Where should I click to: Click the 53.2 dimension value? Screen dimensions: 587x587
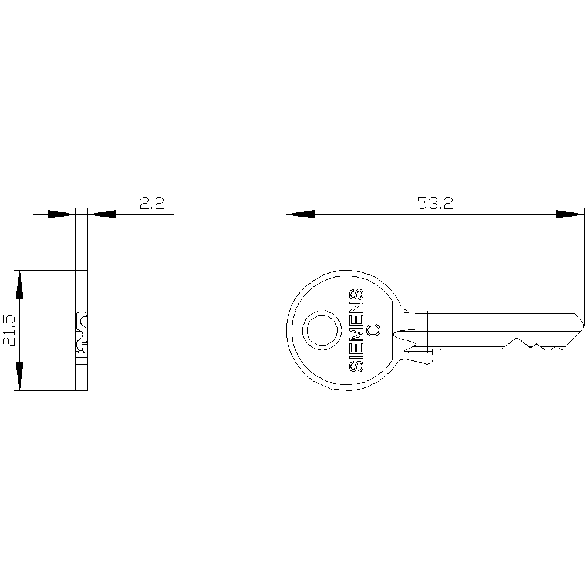(435, 203)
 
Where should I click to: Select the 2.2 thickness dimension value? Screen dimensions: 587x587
(152, 203)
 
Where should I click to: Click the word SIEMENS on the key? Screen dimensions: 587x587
(356, 330)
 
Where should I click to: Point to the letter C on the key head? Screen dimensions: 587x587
(373, 329)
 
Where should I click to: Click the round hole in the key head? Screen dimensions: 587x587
(322, 330)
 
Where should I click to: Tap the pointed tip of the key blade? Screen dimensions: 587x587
(583, 325)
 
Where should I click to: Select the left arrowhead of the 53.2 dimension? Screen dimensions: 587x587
(300, 214)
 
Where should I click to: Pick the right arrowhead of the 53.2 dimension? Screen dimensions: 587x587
(570, 214)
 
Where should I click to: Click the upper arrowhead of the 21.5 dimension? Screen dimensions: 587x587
(19, 285)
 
